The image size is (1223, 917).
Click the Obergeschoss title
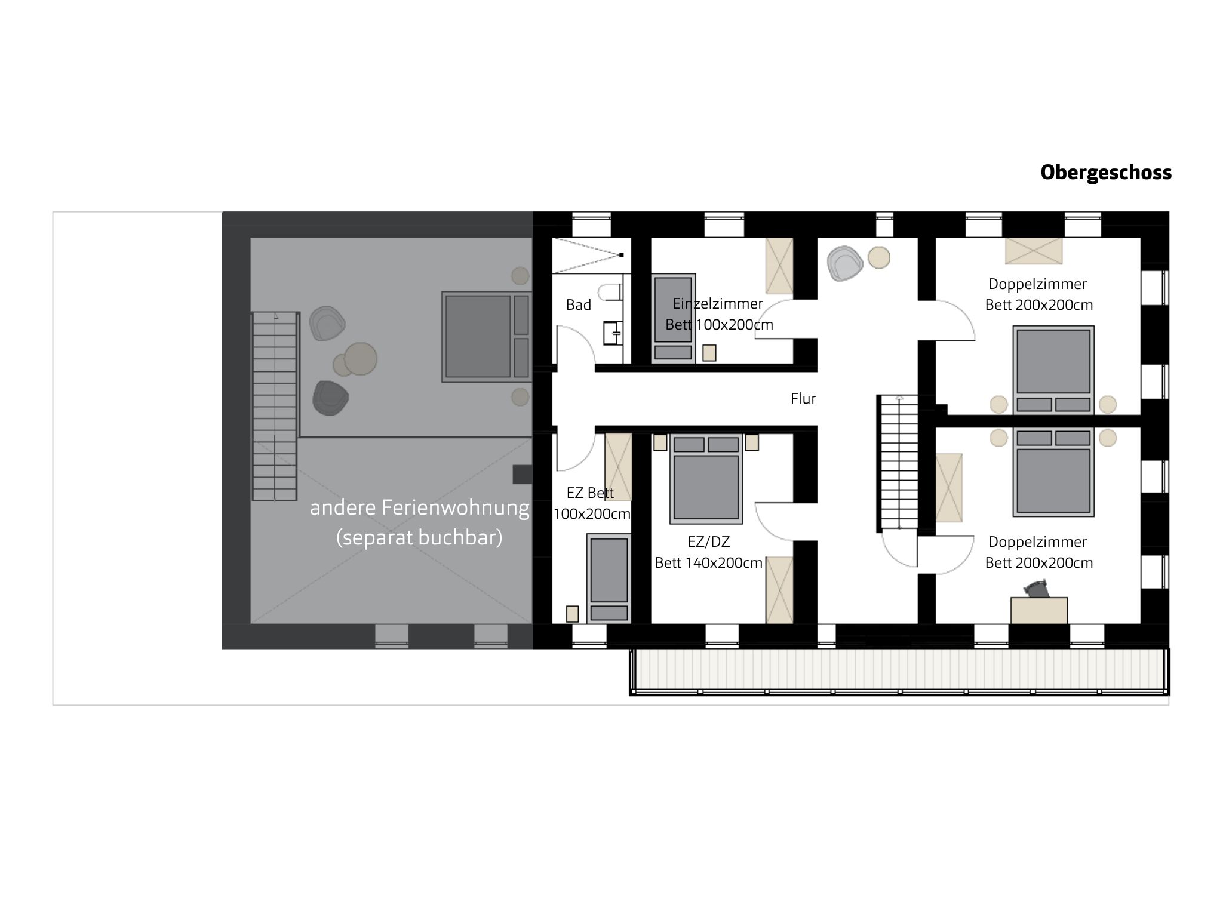pyautogui.click(x=1106, y=173)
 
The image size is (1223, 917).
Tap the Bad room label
pyautogui.click(x=578, y=305)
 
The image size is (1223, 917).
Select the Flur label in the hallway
pyautogui.click(x=803, y=399)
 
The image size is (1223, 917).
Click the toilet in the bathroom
pyautogui.click(x=613, y=292)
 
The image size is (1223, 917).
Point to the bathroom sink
pyautogui.click(x=613, y=333)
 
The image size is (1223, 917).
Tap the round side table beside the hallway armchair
pyautogui.click(x=879, y=258)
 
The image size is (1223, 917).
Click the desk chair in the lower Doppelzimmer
pyautogui.click(x=1037, y=590)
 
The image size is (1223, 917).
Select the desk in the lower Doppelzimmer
pyautogui.click(x=1039, y=610)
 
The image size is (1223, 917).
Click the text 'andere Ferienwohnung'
pyautogui.click(x=419, y=508)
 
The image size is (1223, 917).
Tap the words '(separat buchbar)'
pyautogui.click(x=419, y=538)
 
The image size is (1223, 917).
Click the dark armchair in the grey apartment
pyautogui.click(x=330, y=398)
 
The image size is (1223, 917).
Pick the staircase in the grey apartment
pyautogui.click(x=275, y=406)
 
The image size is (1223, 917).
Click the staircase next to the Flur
pyautogui.click(x=897, y=463)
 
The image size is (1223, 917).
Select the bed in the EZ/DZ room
pyautogui.click(x=706, y=479)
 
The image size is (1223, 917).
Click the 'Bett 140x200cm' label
pyautogui.click(x=709, y=563)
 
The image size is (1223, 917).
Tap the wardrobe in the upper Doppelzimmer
pyautogui.click(x=1034, y=251)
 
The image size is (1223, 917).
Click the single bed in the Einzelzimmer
pyautogui.click(x=673, y=319)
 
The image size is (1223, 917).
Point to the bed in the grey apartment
pyautogui.click(x=487, y=337)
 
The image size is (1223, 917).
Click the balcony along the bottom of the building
pyautogui.click(x=899, y=672)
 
